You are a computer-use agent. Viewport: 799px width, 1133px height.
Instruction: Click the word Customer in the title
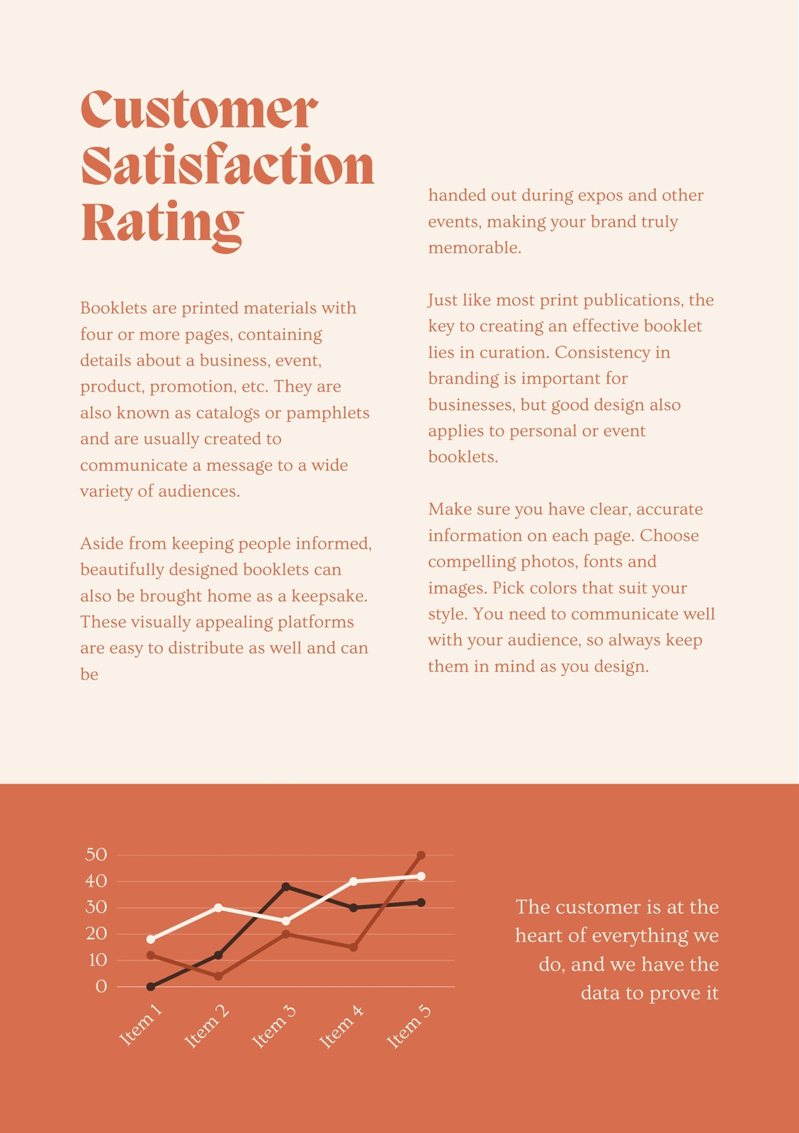(199, 110)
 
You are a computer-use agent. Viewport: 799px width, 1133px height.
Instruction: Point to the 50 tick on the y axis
(96, 855)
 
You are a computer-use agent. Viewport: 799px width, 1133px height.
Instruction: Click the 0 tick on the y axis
(101, 986)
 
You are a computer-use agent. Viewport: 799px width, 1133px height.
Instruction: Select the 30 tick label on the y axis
(96, 907)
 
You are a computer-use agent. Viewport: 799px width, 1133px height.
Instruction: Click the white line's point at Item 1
(151, 939)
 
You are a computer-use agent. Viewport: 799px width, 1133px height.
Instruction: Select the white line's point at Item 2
(218, 907)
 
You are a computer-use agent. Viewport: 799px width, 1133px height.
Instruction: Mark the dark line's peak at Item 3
(286, 887)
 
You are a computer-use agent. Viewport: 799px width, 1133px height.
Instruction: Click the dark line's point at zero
(151, 986)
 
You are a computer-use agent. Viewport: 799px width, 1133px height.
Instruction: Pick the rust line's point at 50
(421, 855)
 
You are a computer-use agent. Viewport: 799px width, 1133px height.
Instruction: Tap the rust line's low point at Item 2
(218, 977)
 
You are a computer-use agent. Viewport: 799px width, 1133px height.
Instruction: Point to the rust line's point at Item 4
(353, 947)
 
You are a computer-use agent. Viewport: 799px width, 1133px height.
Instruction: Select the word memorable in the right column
(475, 248)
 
